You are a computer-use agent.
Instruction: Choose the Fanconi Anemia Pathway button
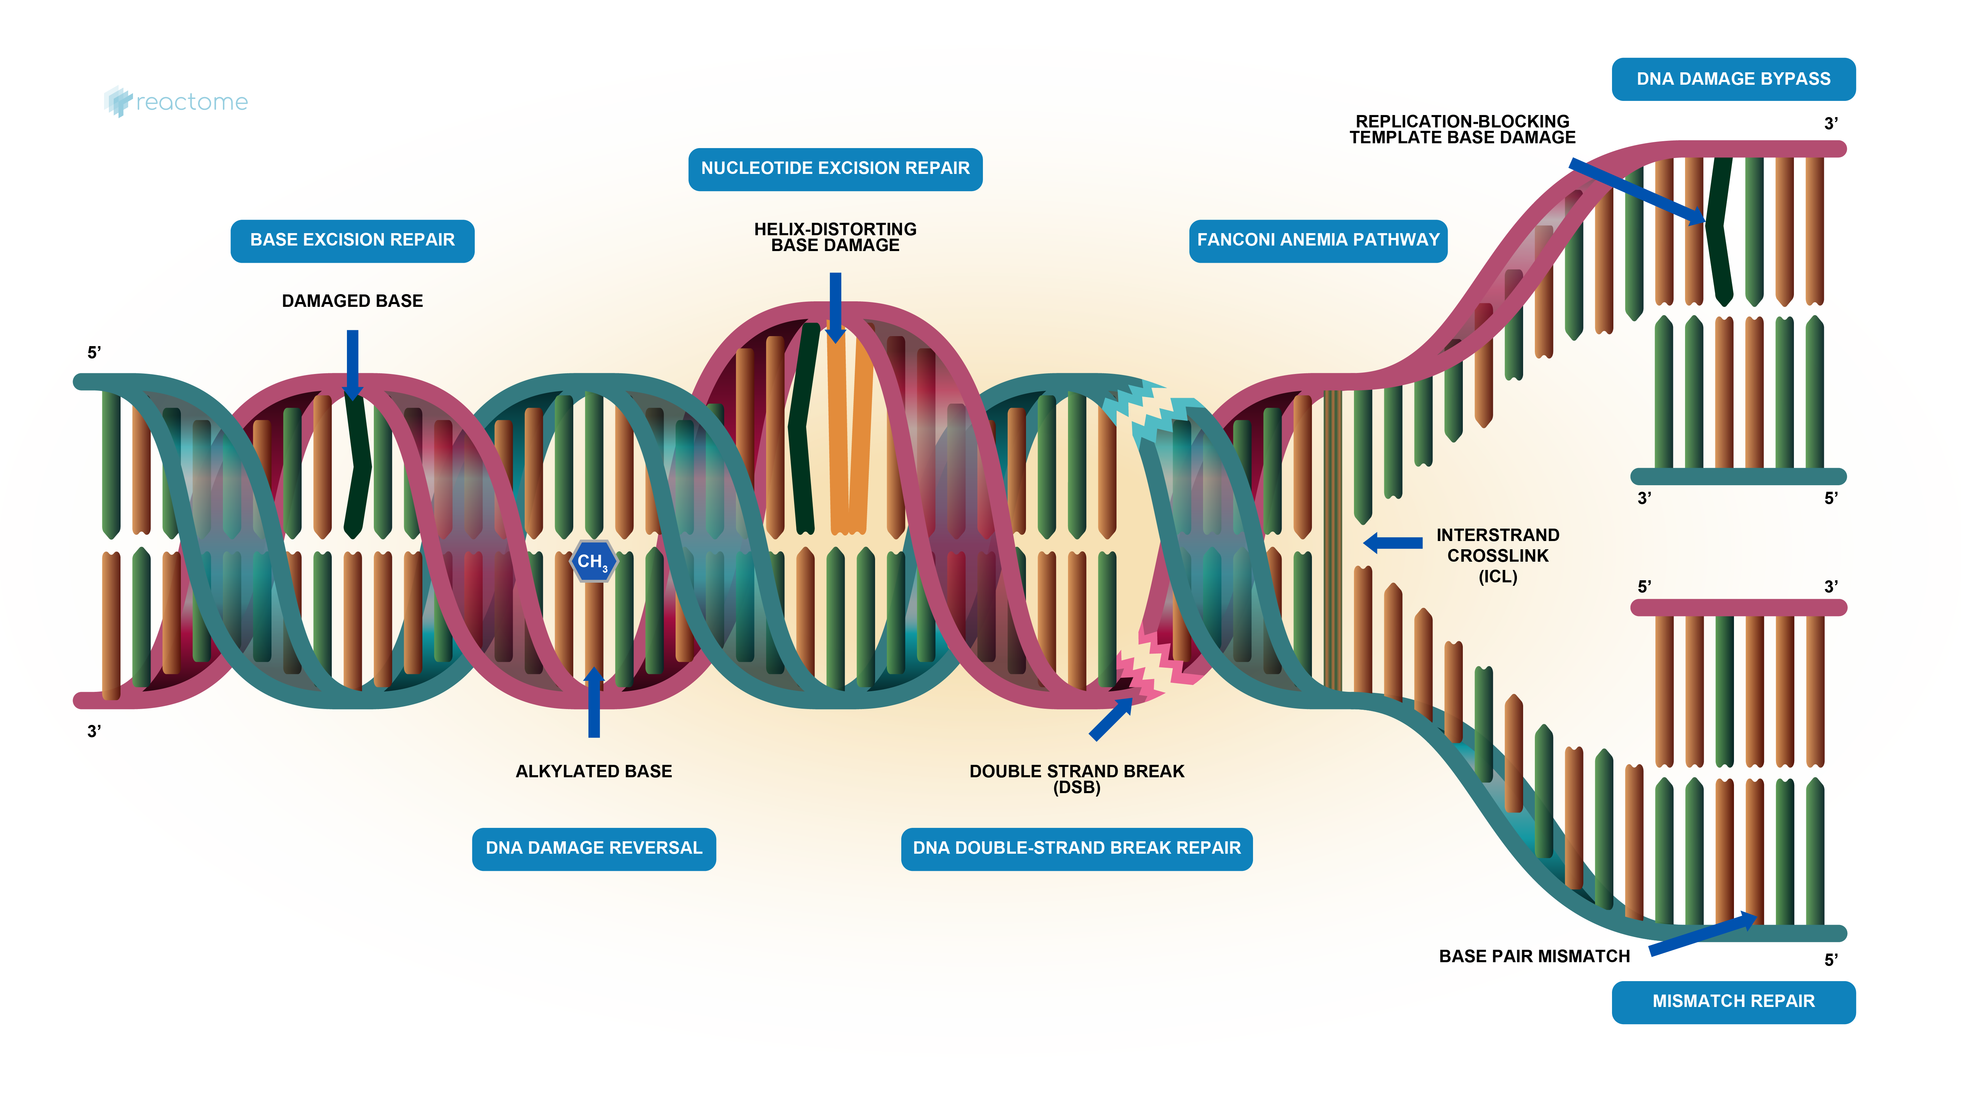point(1318,240)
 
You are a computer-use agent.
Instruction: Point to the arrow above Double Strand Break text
point(1110,719)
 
